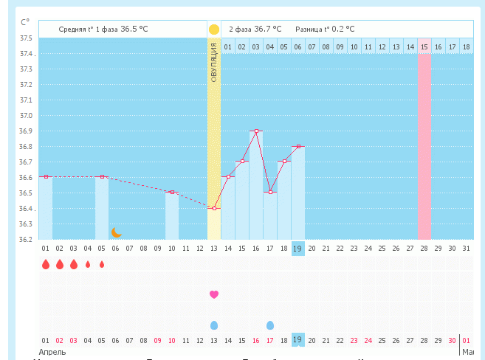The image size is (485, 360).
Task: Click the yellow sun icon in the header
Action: (x=214, y=30)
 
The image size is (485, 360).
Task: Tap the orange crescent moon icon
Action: (x=116, y=232)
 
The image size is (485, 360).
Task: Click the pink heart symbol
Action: (x=214, y=294)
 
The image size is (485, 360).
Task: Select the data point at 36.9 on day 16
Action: (x=256, y=131)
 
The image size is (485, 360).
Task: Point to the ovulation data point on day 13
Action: (x=214, y=208)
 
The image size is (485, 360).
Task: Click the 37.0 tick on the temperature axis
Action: (x=27, y=116)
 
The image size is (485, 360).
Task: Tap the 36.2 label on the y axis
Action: (x=27, y=239)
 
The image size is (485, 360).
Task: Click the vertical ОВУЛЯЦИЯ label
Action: (x=214, y=62)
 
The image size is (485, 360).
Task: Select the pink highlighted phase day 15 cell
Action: (x=424, y=47)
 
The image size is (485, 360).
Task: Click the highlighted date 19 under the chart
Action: (x=297, y=248)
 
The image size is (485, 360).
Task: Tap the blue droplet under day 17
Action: (x=270, y=325)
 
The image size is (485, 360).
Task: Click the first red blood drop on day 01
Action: (x=46, y=264)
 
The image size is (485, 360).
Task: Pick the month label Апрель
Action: (x=52, y=352)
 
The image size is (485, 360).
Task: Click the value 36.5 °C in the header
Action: (x=134, y=30)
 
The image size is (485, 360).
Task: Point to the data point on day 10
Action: (x=172, y=192)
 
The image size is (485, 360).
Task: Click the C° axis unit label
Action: (x=26, y=22)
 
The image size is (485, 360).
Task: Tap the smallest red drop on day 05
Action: (x=102, y=264)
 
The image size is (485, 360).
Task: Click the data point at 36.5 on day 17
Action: (x=270, y=192)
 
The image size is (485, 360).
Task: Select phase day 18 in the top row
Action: (x=466, y=47)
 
